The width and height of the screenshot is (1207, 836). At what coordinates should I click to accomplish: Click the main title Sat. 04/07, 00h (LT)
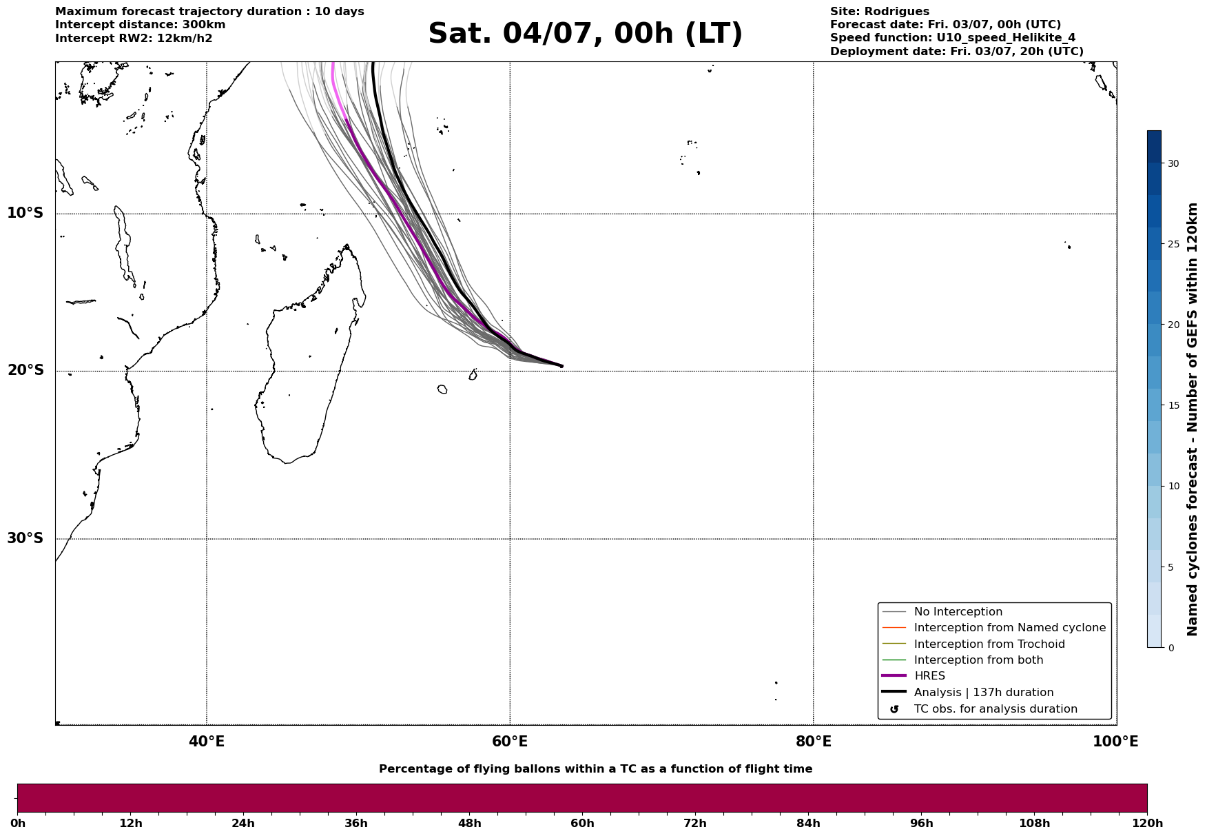[585, 34]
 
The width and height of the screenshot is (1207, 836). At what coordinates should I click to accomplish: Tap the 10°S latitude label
[25, 213]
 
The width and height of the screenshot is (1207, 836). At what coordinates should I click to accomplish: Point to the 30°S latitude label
[25, 538]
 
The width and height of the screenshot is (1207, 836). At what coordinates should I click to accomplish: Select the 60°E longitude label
[510, 742]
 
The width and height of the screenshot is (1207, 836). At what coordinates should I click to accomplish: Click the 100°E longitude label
[1115, 742]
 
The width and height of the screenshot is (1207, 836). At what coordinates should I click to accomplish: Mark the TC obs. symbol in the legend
[894, 709]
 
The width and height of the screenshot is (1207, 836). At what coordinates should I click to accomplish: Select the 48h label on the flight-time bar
[469, 823]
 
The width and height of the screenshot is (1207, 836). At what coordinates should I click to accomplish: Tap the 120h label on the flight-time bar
[1147, 823]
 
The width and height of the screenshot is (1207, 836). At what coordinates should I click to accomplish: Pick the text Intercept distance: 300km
[141, 25]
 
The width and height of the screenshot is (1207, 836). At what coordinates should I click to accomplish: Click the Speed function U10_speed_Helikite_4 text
[953, 38]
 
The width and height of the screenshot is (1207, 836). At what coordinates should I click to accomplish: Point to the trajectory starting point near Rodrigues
[561, 366]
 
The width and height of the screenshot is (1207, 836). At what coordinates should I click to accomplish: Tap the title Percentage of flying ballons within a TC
[595, 769]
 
